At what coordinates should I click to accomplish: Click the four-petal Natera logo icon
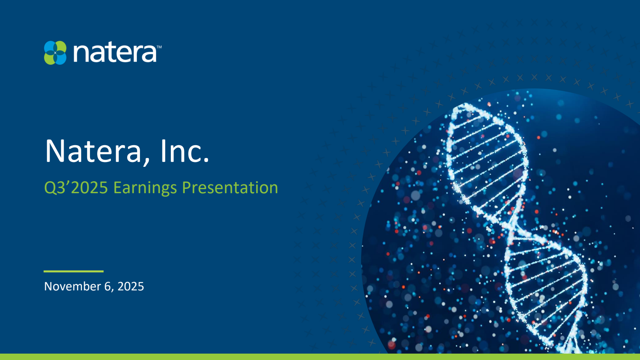[55, 53]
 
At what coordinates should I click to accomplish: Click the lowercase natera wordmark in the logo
[115, 53]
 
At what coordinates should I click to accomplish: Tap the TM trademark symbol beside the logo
[159, 47]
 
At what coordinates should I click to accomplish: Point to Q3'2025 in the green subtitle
[76, 188]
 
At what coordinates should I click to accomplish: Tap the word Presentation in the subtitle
[230, 188]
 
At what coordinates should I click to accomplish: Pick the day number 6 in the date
[108, 286]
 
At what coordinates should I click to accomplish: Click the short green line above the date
[74, 271]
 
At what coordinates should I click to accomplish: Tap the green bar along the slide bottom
[320, 357]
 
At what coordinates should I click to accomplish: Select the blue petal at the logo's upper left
[50, 47]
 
